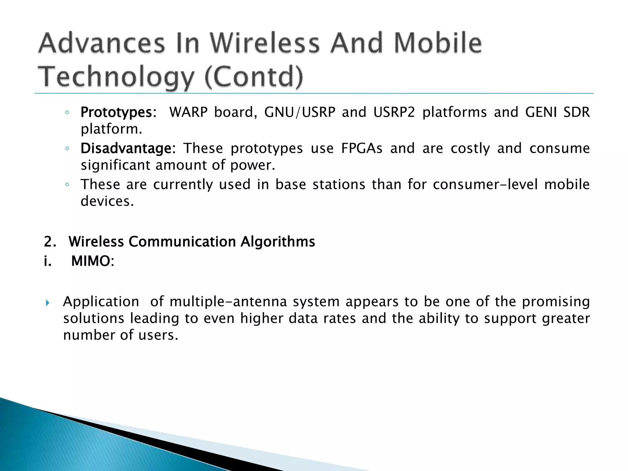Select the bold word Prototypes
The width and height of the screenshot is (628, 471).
(116, 113)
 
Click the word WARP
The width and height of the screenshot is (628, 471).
(188, 112)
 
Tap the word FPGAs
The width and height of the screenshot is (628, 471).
(362, 149)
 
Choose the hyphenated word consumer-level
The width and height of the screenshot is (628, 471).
(485, 185)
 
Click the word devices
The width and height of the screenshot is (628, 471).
(107, 201)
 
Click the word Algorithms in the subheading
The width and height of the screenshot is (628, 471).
(278, 242)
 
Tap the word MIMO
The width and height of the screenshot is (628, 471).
(90, 262)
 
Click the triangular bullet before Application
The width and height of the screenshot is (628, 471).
(47, 303)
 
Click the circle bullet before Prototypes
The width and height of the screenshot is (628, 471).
(67, 113)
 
